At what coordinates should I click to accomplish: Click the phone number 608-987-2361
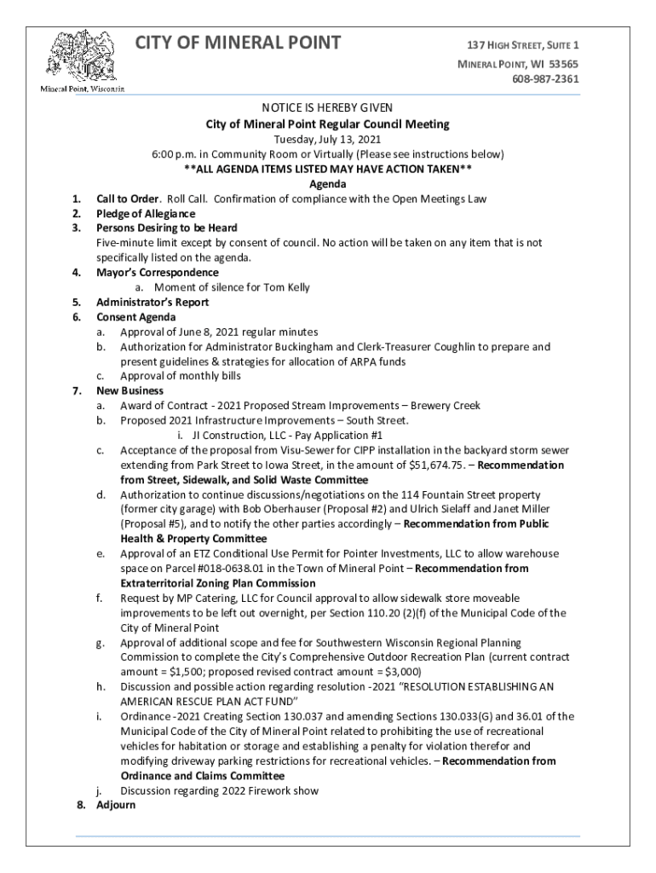545,79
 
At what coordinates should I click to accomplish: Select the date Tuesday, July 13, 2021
327,140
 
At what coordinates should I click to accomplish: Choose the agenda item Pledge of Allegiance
146,214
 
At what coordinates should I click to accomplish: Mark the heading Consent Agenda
136,317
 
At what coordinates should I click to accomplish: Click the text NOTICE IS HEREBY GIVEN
327,109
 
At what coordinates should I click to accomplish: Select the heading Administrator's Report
152,302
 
